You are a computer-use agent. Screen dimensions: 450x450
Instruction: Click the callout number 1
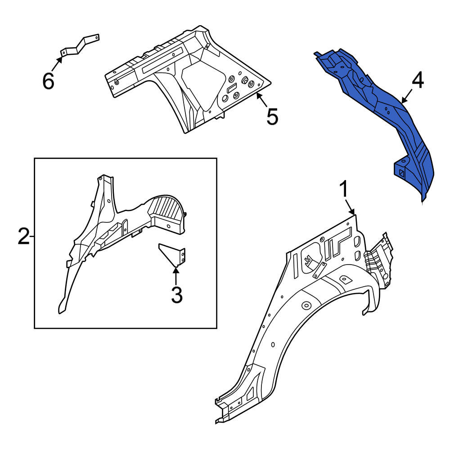343,189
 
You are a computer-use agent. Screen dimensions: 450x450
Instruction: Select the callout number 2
23,236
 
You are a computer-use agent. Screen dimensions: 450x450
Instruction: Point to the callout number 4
418,81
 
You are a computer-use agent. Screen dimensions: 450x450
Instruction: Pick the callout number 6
48,81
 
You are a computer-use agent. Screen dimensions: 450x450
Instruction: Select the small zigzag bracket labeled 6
80,46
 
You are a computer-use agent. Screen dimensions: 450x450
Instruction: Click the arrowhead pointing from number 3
175,269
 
